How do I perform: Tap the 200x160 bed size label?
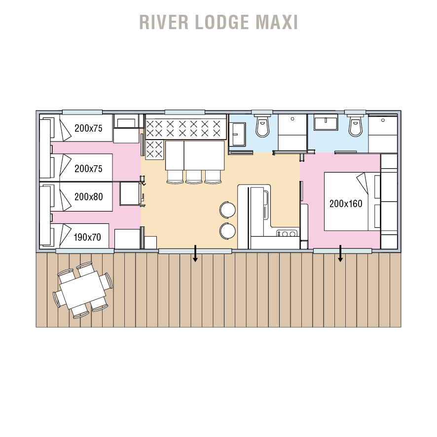pyautogui.click(x=346, y=204)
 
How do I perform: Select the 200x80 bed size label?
pyautogui.click(x=88, y=197)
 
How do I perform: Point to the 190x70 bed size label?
pyautogui.click(x=87, y=237)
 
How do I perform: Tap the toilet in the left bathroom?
pyautogui.click(x=262, y=128)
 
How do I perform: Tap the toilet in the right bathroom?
pyautogui.click(x=355, y=127)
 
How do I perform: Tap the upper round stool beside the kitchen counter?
pyautogui.click(x=227, y=210)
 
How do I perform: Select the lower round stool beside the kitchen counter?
pyautogui.click(x=227, y=230)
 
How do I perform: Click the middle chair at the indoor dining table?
pyautogui.click(x=194, y=177)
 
